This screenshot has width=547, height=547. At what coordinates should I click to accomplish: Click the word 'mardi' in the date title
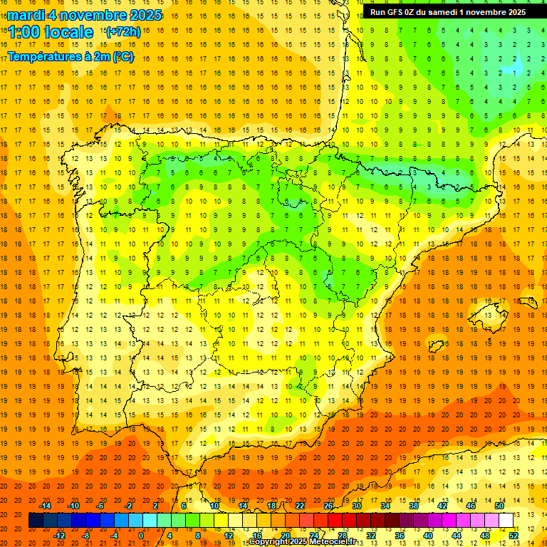(25, 15)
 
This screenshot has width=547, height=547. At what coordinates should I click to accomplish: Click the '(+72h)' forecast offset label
(123, 32)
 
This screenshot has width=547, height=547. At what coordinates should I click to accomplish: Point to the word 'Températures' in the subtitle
(44, 56)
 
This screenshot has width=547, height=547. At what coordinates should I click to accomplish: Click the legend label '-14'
(45, 506)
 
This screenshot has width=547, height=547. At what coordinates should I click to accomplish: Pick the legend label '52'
(514, 535)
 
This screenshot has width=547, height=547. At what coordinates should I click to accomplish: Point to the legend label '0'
(141, 535)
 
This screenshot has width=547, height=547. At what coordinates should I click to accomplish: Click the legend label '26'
(328, 506)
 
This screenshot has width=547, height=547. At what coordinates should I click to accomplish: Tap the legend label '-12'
(59, 535)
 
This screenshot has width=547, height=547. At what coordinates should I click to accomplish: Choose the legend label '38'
(414, 506)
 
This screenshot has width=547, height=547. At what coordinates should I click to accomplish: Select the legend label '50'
(499, 506)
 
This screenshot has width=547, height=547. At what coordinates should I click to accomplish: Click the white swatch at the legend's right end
(506, 521)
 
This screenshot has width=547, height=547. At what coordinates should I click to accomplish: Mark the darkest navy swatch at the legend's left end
(36, 521)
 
